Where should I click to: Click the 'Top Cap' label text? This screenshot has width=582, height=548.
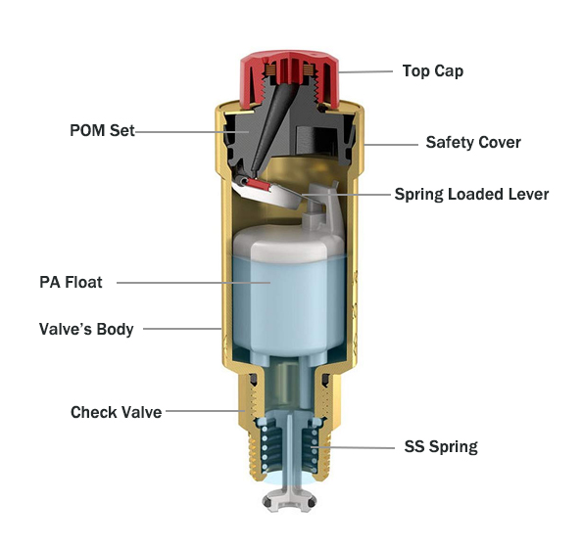433,71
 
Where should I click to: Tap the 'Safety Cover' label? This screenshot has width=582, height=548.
473,142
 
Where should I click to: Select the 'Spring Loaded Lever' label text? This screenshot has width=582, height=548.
471,195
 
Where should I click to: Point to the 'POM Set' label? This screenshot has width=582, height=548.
102,130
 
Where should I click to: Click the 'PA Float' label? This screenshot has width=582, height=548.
71,282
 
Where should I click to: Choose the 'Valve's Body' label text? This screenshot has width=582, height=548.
86,329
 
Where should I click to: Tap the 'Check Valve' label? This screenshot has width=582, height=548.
117,412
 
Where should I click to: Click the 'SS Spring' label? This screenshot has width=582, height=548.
441,446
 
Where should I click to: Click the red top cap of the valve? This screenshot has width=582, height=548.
289,78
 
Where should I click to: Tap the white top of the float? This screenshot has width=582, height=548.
289,241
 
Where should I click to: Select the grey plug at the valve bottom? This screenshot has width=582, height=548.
289,501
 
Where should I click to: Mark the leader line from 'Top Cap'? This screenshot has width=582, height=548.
365,72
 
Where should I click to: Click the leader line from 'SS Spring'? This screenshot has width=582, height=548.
353,447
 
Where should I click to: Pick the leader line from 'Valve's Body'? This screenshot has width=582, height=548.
182,329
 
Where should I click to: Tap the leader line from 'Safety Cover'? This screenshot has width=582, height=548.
391,144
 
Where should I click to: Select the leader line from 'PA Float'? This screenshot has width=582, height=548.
193,283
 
